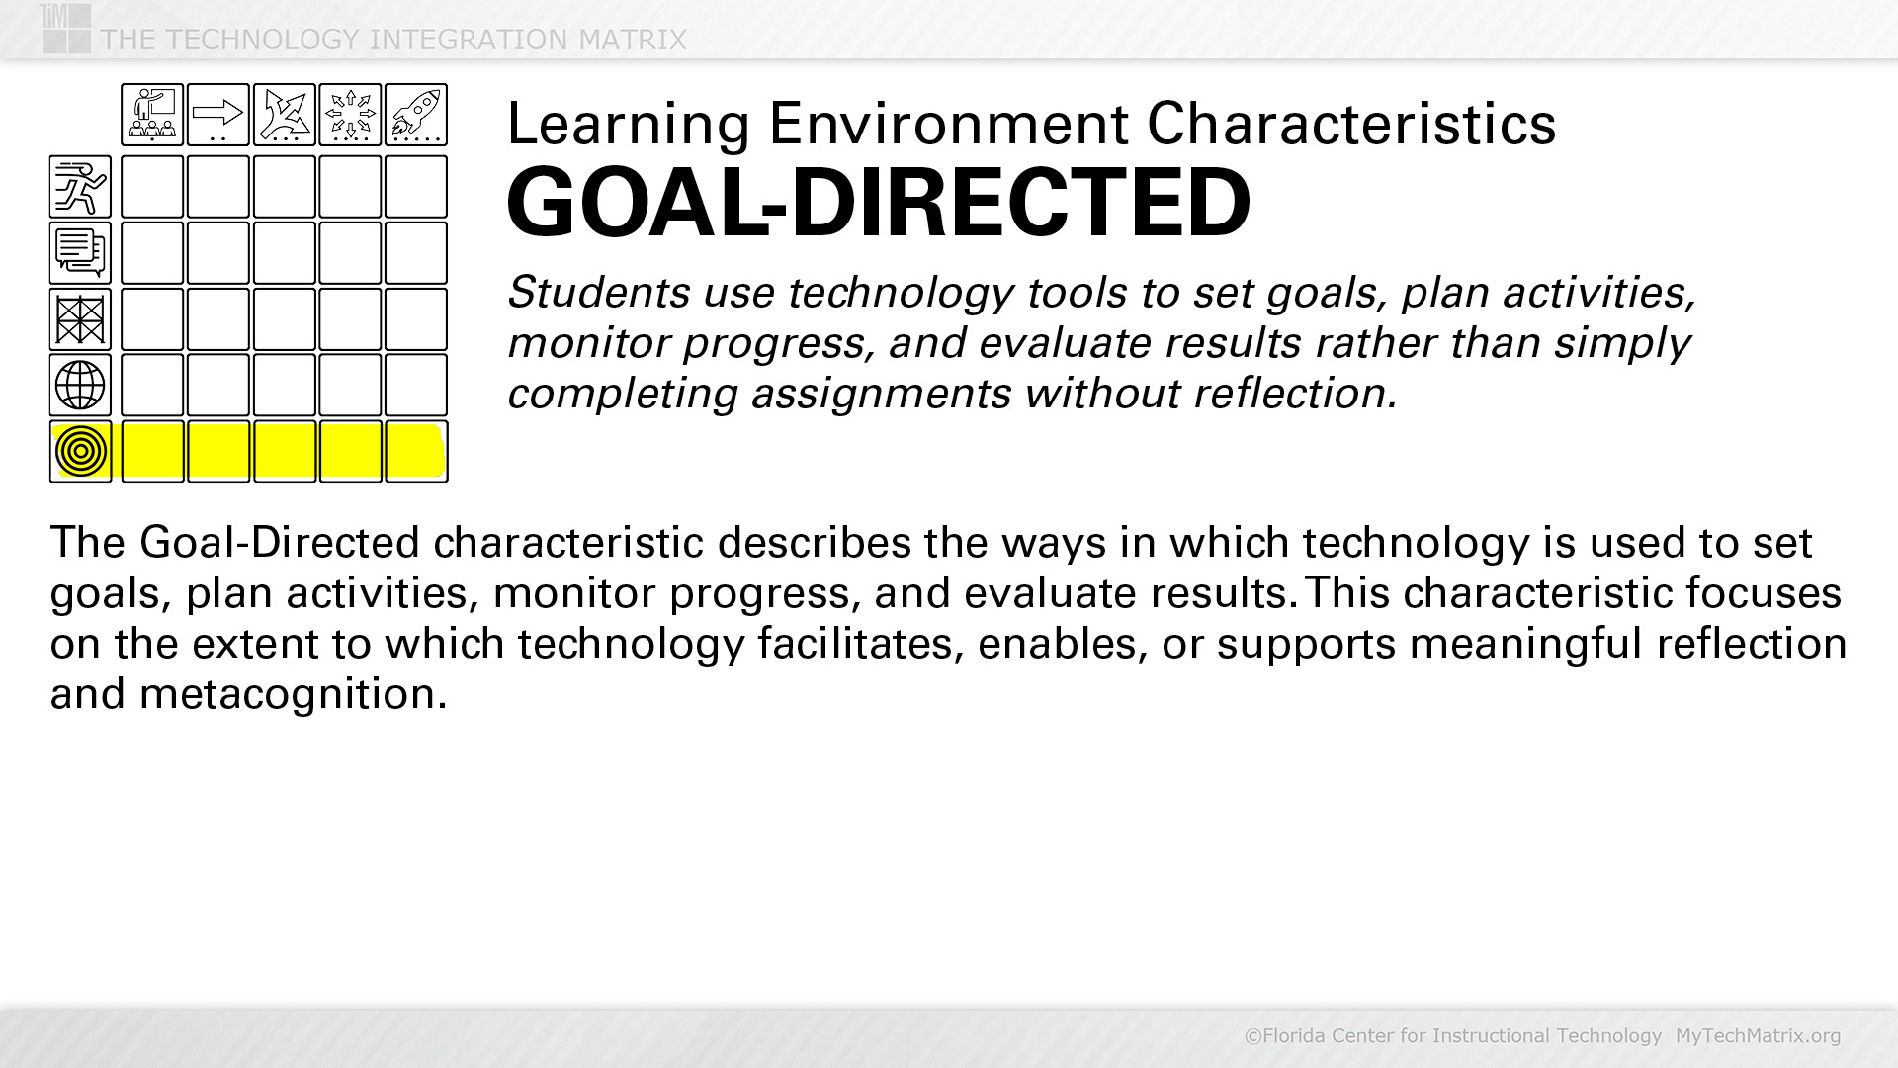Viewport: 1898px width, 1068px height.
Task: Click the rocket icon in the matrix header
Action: [416, 115]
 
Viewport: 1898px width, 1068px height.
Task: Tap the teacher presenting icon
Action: [152, 115]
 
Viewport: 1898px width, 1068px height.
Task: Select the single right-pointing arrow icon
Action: [218, 115]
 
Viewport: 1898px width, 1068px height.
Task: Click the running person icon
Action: [80, 187]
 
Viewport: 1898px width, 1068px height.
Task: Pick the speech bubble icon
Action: [80, 253]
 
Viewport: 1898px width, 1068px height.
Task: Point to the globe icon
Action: [80, 385]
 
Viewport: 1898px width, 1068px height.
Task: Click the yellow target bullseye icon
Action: [81, 451]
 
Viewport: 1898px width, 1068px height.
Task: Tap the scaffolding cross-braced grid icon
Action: [80, 319]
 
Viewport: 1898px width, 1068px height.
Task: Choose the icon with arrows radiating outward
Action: [351, 115]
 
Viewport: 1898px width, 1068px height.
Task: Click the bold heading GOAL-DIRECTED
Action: [879, 203]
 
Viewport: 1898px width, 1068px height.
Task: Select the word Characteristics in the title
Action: [1351, 125]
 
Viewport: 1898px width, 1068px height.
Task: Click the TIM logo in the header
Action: [65, 28]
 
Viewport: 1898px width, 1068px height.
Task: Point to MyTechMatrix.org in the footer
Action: [1758, 1035]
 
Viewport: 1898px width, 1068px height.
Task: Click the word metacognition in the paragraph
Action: [293, 694]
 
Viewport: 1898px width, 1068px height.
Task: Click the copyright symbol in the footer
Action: [1252, 1035]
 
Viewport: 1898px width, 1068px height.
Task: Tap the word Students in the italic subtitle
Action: [599, 293]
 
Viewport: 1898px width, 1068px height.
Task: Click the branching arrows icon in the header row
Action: [285, 115]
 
